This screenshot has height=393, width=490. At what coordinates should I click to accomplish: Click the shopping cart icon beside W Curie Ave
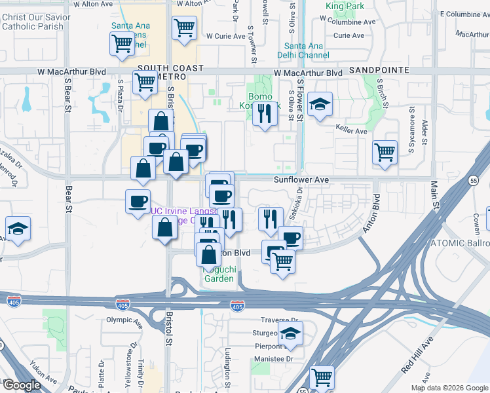[x=185, y=28]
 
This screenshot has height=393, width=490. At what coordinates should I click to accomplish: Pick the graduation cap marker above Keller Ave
[x=320, y=104]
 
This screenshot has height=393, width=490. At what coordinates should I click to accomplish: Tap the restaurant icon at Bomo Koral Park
[x=265, y=113]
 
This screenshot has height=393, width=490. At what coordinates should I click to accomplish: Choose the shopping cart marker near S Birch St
[x=385, y=151]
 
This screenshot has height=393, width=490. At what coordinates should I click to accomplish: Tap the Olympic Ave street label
[x=124, y=320]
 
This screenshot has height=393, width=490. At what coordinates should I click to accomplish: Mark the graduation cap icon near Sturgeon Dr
[x=290, y=333]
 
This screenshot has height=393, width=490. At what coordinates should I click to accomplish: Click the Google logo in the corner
[x=21, y=385]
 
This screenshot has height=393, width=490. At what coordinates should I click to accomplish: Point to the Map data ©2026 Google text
[x=449, y=388]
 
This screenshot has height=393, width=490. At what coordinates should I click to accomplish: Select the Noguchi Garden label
[x=217, y=274]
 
